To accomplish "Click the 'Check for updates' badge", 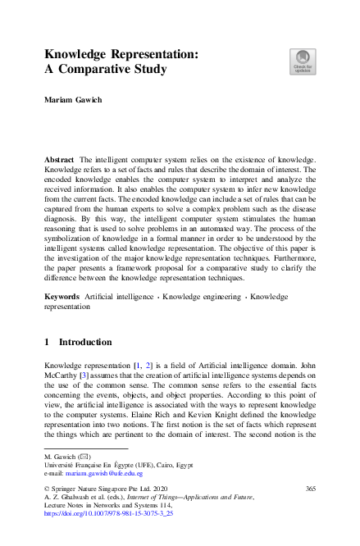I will point(302,61).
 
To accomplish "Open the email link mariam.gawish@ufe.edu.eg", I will point(106,473).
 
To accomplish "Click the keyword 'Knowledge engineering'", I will point(203,294).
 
